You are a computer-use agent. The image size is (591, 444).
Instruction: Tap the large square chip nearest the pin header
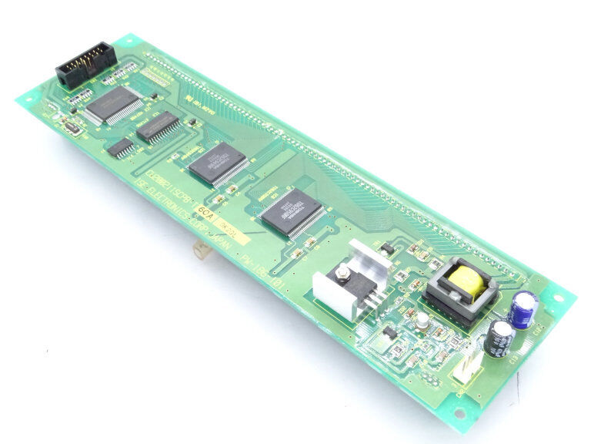(113, 104)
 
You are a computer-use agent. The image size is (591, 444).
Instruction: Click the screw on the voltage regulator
(341, 273)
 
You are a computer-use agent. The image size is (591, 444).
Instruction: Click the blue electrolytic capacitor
(523, 309)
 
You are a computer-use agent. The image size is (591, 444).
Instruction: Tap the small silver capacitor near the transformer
(422, 320)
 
